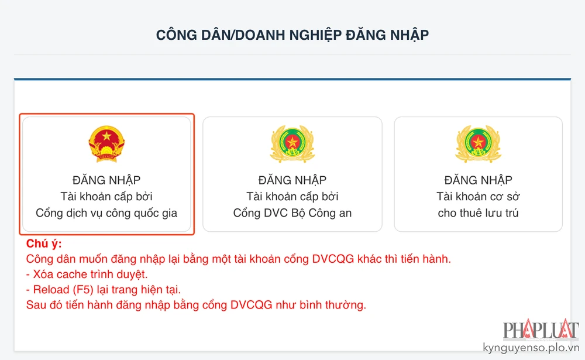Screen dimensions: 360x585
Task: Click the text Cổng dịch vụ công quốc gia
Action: pos(106,213)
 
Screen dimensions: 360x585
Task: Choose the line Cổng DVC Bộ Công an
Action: pos(292,213)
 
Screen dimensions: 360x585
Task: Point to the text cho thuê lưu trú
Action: pos(478,213)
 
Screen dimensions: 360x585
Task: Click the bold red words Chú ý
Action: pos(44,244)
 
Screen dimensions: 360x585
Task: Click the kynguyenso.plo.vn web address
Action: pos(531,348)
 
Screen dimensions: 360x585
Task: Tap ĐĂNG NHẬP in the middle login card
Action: pos(292,180)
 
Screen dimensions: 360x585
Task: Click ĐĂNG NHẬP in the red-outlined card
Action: pos(106,180)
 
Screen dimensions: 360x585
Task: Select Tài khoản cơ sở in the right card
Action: pos(478,197)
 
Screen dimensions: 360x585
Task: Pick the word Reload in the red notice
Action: pos(49,290)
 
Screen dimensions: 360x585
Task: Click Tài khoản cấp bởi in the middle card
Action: pos(292,197)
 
